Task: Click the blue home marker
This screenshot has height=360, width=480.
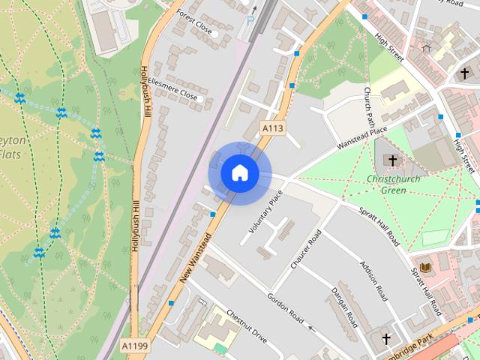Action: coord(239,172)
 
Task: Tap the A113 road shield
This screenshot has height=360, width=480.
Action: coord(273,129)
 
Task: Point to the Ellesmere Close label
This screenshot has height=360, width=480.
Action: coord(172,87)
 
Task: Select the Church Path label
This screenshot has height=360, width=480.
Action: coord(368,106)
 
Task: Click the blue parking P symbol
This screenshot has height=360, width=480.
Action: coord(250,21)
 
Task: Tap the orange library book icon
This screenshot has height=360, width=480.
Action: coord(426,268)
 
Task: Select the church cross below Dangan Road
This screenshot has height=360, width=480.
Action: coord(387,340)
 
